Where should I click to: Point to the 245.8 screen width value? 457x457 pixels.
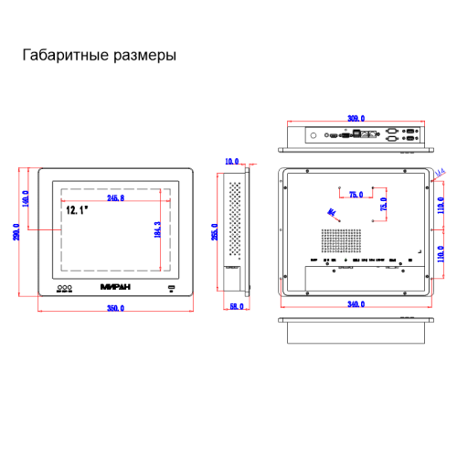pos(116,197)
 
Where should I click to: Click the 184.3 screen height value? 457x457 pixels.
pos(158,231)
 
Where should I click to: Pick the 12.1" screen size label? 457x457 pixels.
pos(76,210)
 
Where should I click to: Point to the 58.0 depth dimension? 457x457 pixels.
pos(236,305)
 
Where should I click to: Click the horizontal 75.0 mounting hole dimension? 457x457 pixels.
pos(356,194)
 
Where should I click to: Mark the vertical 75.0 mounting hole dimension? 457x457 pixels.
pos(384,204)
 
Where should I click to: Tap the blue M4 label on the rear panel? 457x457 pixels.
pos(332,213)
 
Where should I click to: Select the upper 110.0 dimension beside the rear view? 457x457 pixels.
pos(441,208)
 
